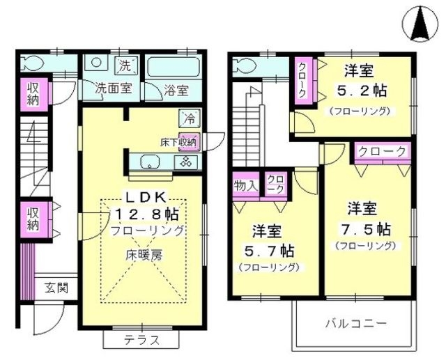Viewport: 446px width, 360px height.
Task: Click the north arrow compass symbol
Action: tap(422, 22)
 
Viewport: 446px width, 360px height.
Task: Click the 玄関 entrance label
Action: tap(57, 288)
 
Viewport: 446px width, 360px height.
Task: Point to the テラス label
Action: tap(142, 341)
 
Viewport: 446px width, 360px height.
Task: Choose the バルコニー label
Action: tap(357, 323)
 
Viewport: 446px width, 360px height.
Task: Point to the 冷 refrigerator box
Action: tap(189, 117)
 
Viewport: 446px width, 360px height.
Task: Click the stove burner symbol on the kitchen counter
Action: tap(187, 162)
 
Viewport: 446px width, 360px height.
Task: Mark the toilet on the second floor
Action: tap(244, 65)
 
